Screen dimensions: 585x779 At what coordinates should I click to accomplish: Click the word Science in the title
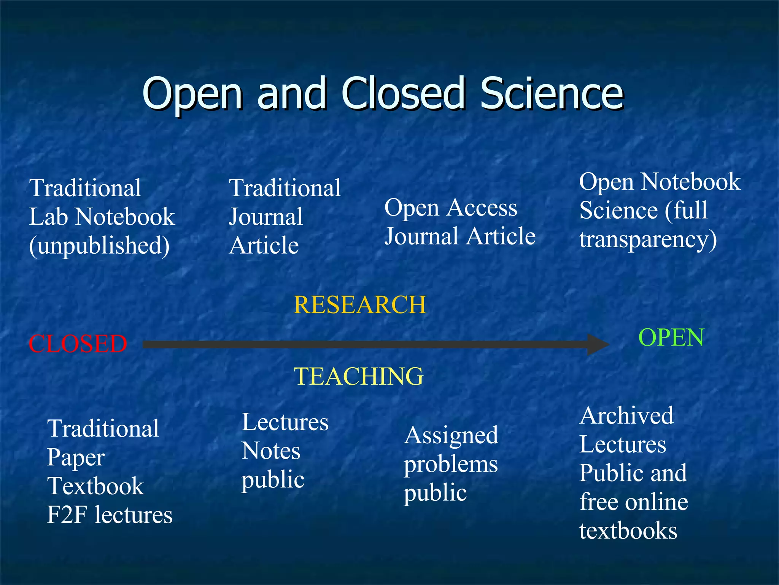(x=552, y=93)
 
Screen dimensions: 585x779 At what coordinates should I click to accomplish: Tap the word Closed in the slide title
(x=403, y=93)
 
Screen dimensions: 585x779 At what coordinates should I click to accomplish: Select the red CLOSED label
(x=78, y=344)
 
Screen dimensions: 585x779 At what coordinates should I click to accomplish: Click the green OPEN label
(x=671, y=337)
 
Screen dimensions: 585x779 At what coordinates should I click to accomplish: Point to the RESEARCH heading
(x=360, y=305)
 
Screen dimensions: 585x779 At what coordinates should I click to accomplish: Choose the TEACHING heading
(x=359, y=376)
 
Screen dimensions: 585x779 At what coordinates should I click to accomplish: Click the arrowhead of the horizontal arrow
(x=598, y=344)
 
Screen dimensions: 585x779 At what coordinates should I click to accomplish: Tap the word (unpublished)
(x=99, y=246)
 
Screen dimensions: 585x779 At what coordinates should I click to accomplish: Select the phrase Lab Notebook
(x=102, y=217)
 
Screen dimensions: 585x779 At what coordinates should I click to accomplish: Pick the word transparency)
(x=648, y=240)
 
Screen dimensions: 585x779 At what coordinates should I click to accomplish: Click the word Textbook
(x=95, y=486)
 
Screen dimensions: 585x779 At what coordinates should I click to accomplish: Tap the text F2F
(x=67, y=515)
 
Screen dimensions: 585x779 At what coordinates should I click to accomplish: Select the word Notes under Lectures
(x=271, y=451)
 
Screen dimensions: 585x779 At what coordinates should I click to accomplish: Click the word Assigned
(x=451, y=435)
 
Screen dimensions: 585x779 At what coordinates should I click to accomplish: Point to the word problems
(x=451, y=465)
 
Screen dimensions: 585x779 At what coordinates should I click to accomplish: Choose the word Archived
(x=626, y=415)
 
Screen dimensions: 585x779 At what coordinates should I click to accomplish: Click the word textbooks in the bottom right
(x=628, y=531)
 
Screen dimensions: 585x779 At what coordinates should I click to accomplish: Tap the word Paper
(x=76, y=457)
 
